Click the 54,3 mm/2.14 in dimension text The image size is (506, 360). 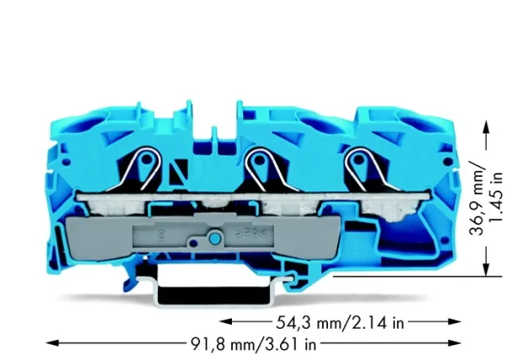point(340,323)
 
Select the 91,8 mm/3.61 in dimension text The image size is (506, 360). point(254,344)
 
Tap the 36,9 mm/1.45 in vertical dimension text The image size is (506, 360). point(487,199)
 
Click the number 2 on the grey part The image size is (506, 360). point(160,234)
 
